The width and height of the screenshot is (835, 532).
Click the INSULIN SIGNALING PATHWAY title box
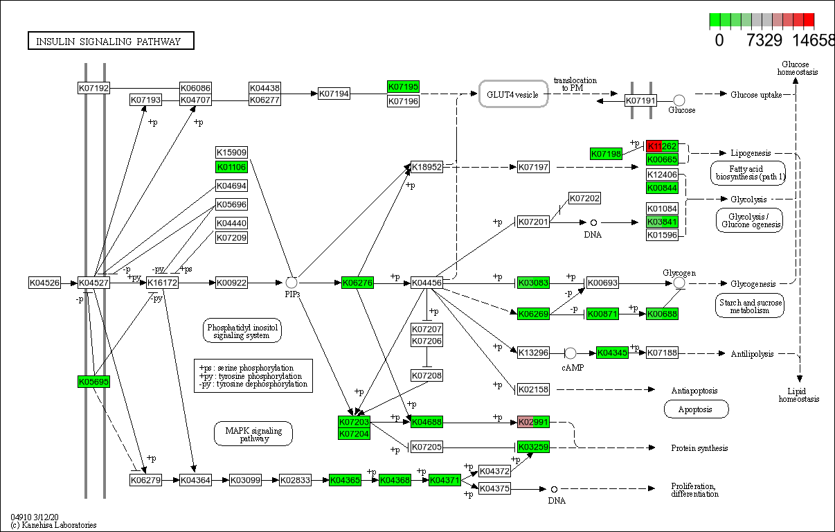111,42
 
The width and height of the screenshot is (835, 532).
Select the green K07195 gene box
403,87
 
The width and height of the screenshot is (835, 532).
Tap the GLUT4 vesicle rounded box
513,94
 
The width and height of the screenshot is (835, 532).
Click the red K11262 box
661,146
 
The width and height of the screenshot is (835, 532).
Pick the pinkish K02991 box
533,422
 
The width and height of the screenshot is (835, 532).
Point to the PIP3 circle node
291,282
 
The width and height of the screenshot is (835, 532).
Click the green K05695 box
93,382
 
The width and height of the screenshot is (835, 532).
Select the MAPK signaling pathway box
253,434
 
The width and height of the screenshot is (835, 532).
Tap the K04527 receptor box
93,283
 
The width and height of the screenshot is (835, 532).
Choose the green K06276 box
357,283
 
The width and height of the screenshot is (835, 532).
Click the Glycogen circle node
679,283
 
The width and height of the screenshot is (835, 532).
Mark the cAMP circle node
571,353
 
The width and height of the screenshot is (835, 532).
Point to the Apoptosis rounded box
697,409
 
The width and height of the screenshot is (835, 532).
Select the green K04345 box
612,353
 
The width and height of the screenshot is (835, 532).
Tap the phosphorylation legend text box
253,375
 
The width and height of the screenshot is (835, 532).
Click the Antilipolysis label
752,354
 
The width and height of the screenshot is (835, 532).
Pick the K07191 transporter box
640,101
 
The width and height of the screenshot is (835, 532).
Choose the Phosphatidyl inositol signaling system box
242,330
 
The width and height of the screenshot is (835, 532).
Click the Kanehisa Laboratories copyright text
54,525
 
